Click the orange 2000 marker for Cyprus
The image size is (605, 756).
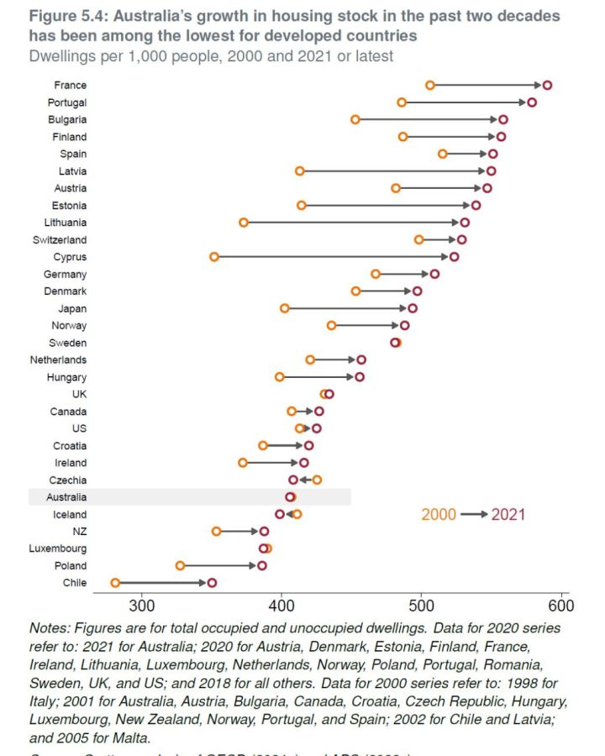click(214, 256)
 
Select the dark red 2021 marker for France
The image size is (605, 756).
click(547, 85)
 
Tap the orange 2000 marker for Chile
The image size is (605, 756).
click(116, 582)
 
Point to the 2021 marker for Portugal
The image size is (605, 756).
click(532, 102)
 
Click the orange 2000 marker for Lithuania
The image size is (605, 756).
click(244, 222)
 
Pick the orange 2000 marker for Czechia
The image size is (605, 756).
click(317, 480)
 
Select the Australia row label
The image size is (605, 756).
click(67, 497)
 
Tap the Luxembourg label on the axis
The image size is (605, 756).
click(59, 549)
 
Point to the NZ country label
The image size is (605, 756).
click(79, 531)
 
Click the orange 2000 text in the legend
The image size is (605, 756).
click(439, 514)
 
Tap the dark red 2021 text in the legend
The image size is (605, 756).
click(508, 514)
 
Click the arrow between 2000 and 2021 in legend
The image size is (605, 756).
click(473, 514)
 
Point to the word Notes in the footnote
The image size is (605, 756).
click(48, 627)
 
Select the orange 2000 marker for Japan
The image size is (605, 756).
click(285, 308)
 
